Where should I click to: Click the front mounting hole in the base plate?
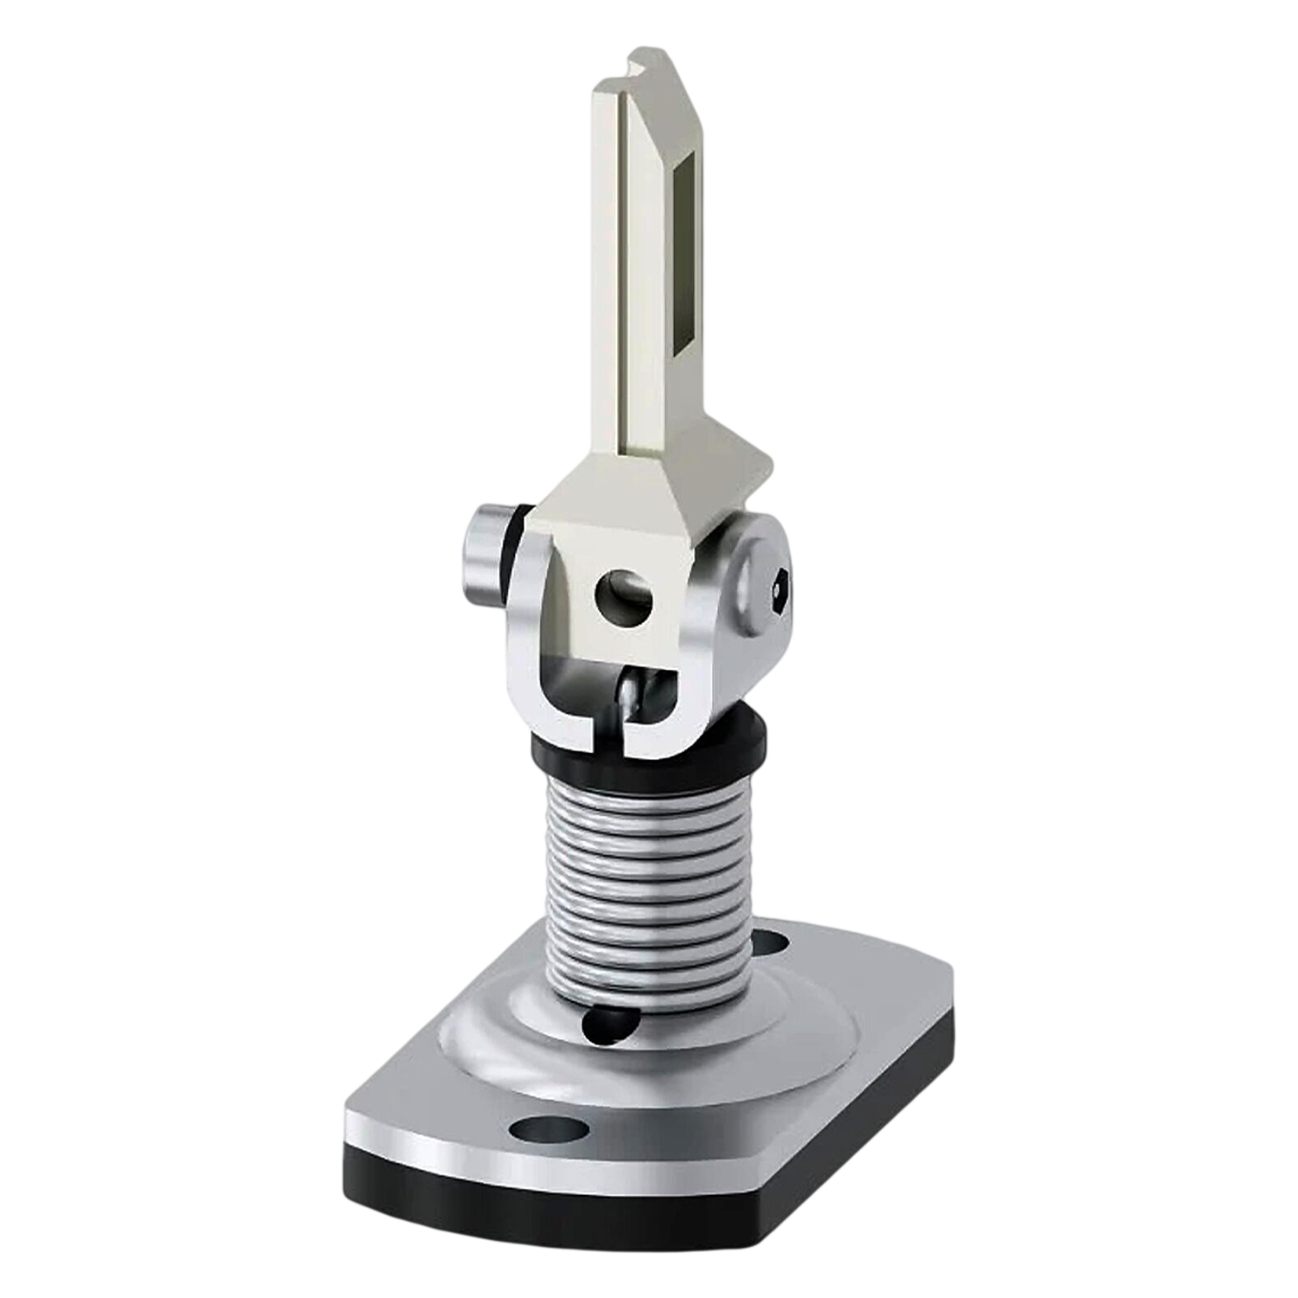point(536,1128)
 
